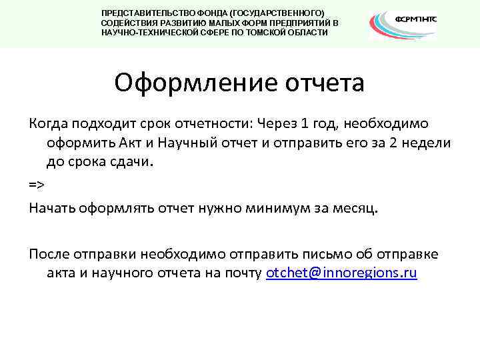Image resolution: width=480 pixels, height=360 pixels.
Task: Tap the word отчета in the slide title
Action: pyautogui.click(x=325, y=83)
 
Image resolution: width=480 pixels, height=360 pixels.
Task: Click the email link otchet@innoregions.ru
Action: pyautogui.click(x=341, y=273)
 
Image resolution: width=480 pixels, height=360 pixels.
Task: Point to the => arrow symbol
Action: pyautogui.click(x=37, y=184)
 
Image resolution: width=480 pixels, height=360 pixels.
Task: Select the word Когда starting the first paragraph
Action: pyautogui.click(x=47, y=124)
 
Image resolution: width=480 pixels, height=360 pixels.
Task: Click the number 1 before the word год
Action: pyautogui.click(x=285, y=124)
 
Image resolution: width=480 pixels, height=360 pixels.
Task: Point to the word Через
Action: pyautogui.click(x=257, y=124)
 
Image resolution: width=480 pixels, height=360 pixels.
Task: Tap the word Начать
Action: pyautogui.click(x=51, y=209)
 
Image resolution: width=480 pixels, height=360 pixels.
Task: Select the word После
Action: pyautogui.click(x=48, y=255)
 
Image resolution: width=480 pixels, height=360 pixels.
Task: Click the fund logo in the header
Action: pyautogui.click(x=403, y=23)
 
